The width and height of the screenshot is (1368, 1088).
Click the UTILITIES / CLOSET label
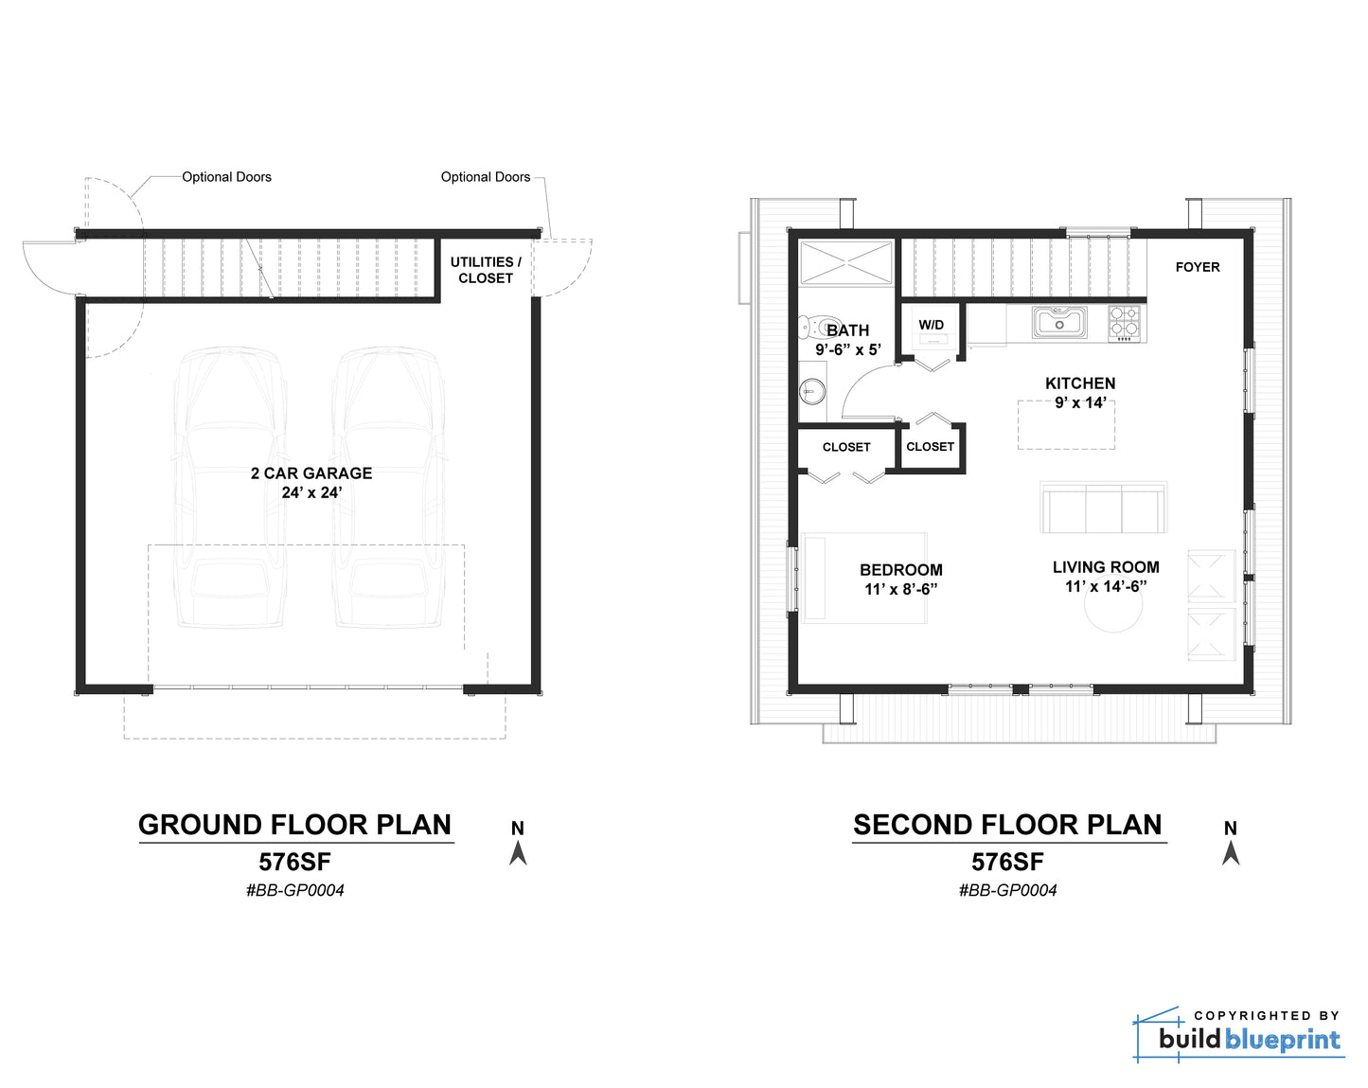tap(485, 270)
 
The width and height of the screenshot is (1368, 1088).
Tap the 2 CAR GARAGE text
tap(311, 473)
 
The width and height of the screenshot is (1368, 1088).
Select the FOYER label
tap(1197, 267)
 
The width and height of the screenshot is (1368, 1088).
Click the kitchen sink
tap(1059, 322)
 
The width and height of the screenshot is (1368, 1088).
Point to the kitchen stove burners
tap(1128, 323)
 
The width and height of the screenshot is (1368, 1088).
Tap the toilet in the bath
tap(813, 327)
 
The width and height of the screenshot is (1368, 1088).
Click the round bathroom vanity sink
tap(812, 391)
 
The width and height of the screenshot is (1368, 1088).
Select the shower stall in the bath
tap(845, 262)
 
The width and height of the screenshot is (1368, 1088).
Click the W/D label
tap(931, 325)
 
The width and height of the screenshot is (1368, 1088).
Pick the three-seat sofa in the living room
tap(1103, 508)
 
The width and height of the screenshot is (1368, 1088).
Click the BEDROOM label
tap(900, 570)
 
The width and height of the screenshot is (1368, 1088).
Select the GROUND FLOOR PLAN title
tap(295, 825)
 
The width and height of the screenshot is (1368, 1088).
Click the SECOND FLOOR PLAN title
tap(1007, 825)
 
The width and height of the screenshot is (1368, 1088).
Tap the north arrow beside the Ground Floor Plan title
tap(518, 853)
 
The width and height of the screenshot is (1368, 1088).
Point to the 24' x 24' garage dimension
tap(311, 492)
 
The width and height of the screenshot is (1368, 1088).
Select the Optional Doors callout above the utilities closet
tap(485, 177)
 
